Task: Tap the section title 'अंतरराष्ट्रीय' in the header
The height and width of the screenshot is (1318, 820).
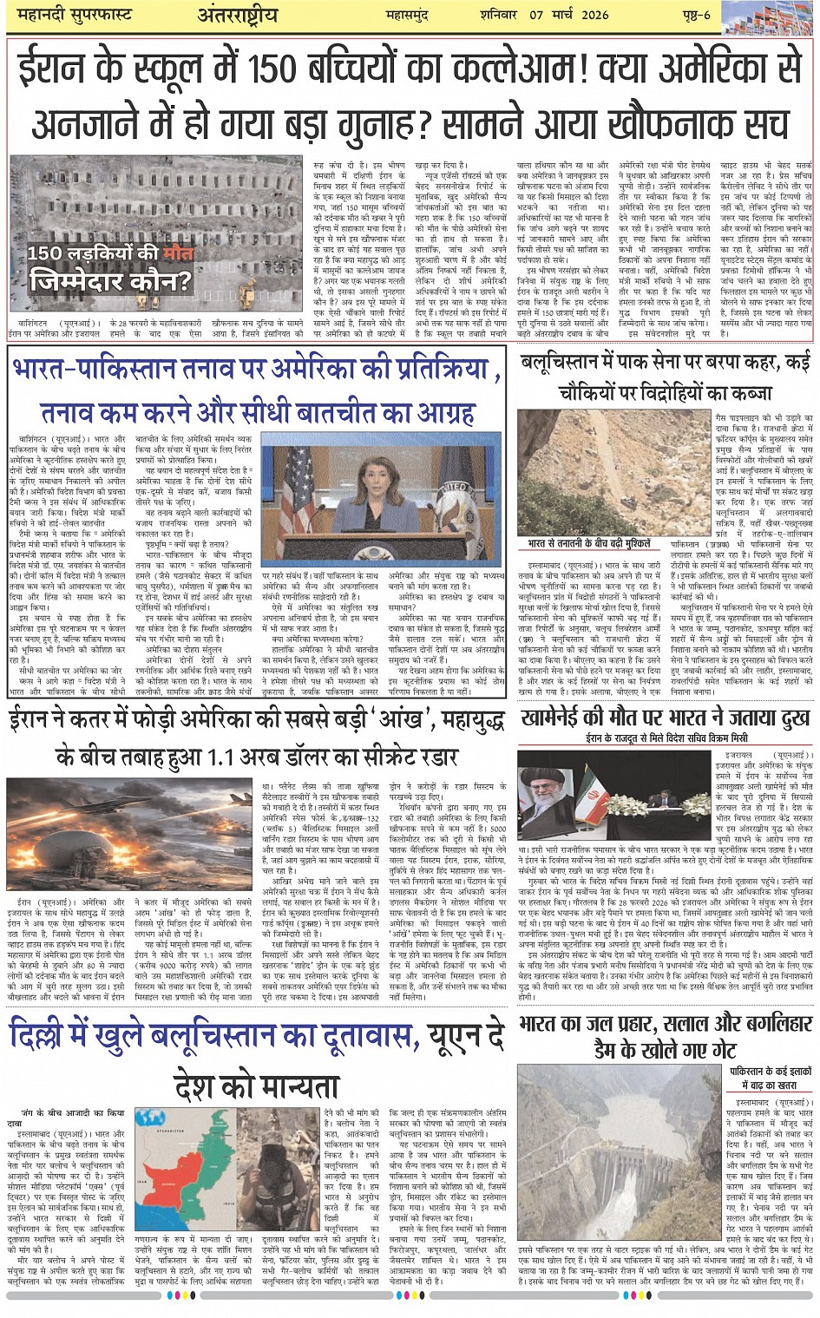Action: coord(236,16)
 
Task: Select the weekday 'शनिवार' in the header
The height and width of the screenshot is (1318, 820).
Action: coord(501,15)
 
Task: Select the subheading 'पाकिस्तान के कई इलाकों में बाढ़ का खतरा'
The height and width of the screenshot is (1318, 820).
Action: coord(771,1078)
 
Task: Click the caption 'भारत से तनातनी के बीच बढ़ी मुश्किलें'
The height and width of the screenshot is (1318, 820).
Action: coord(588,543)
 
